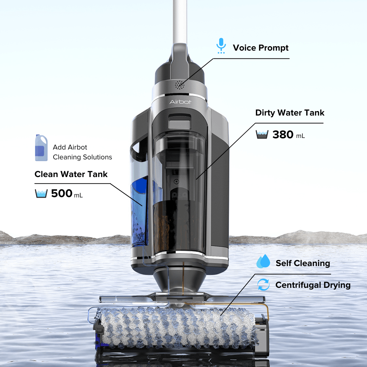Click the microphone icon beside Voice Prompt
point(221,46)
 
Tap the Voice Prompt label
point(260,48)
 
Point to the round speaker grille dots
point(180,85)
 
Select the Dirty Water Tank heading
point(290,113)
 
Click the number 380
point(283,135)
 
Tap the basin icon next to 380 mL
point(262,135)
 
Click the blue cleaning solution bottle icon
point(41,148)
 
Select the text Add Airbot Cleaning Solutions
point(82,152)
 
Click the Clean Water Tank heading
point(71,174)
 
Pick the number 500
point(62,193)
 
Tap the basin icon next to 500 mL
point(41,193)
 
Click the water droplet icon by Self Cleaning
point(263,262)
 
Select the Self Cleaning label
point(302,263)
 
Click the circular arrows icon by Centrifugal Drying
point(263,285)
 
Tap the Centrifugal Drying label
point(313,285)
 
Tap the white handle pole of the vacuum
point(179,20)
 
